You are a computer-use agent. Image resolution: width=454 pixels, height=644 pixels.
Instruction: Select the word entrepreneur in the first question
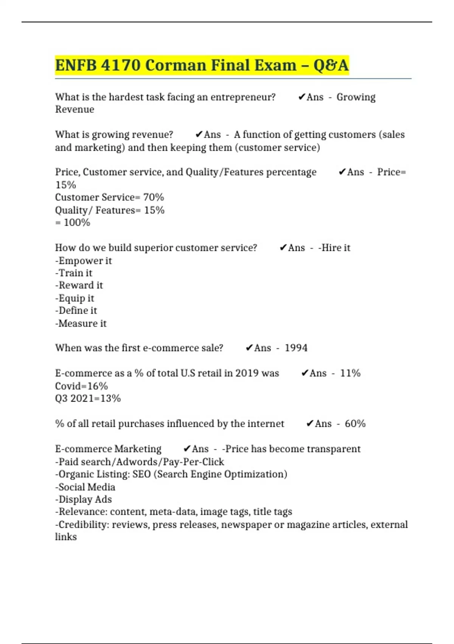[x=243, y=97]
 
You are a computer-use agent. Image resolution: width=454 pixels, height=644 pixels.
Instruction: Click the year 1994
[x=296, y=348]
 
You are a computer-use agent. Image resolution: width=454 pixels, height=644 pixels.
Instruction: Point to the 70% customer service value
[x=154, y=197]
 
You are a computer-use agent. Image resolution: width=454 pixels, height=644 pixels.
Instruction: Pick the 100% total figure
[x=77, y=223]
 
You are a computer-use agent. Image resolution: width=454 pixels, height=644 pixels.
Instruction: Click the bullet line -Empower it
[x=84, y=261]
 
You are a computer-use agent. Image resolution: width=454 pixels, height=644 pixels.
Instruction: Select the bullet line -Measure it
[x=81, y=324]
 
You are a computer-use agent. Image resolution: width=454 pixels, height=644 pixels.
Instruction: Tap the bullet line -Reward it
[x=79, y=285]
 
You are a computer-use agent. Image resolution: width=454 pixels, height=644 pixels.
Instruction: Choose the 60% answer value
[x=355, y=424]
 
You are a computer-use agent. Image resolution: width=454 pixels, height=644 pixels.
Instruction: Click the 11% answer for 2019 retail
[x=350, y=373]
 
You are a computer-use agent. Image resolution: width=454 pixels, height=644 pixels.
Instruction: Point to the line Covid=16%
[x=81, y=386]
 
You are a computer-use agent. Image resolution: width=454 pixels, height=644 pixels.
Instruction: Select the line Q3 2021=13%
[x=88, y=399]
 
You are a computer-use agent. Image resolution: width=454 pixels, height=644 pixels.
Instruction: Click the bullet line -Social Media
[x=85, y=487]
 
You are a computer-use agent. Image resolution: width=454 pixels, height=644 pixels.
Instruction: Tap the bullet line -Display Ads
[x=84, y=499]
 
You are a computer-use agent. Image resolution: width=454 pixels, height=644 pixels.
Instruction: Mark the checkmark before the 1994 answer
[x=249, y=348]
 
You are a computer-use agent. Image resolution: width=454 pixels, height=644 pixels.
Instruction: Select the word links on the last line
[x=66, y=537]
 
